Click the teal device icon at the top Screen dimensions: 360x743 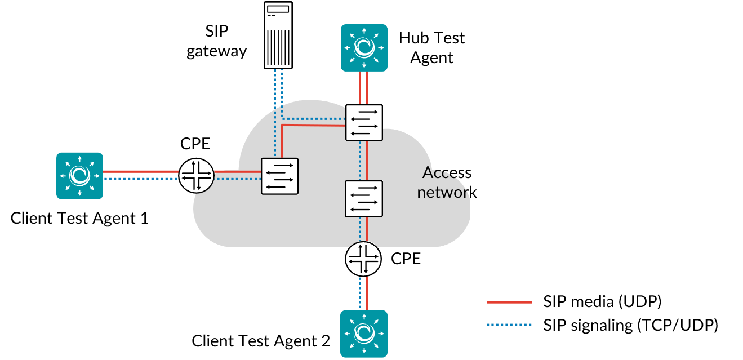point(364,48)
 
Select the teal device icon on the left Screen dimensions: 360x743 point(79,176)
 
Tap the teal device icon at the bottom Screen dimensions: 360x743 point(364,334)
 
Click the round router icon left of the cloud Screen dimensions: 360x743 point(197,175)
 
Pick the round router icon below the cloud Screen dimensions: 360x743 point(363,259)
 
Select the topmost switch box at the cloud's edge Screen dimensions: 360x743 point(364,122)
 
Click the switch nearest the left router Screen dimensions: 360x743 point(279,176)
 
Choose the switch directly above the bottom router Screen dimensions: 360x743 point(364,198)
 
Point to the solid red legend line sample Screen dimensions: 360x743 point(509,303)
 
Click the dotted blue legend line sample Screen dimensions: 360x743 point(509,325)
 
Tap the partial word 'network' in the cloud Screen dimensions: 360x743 point(443,193)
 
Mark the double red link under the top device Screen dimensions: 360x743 point(363,87)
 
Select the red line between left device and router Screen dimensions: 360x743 point(141,171)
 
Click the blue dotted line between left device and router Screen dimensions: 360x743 point(141,179)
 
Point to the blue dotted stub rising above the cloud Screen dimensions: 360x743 point(278,85)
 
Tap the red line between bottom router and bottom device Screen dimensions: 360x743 point(367,293)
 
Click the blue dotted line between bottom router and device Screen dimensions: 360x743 point(360,293)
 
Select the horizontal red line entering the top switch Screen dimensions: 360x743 point(313,126)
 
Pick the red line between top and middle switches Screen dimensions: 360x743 point(367,161)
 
